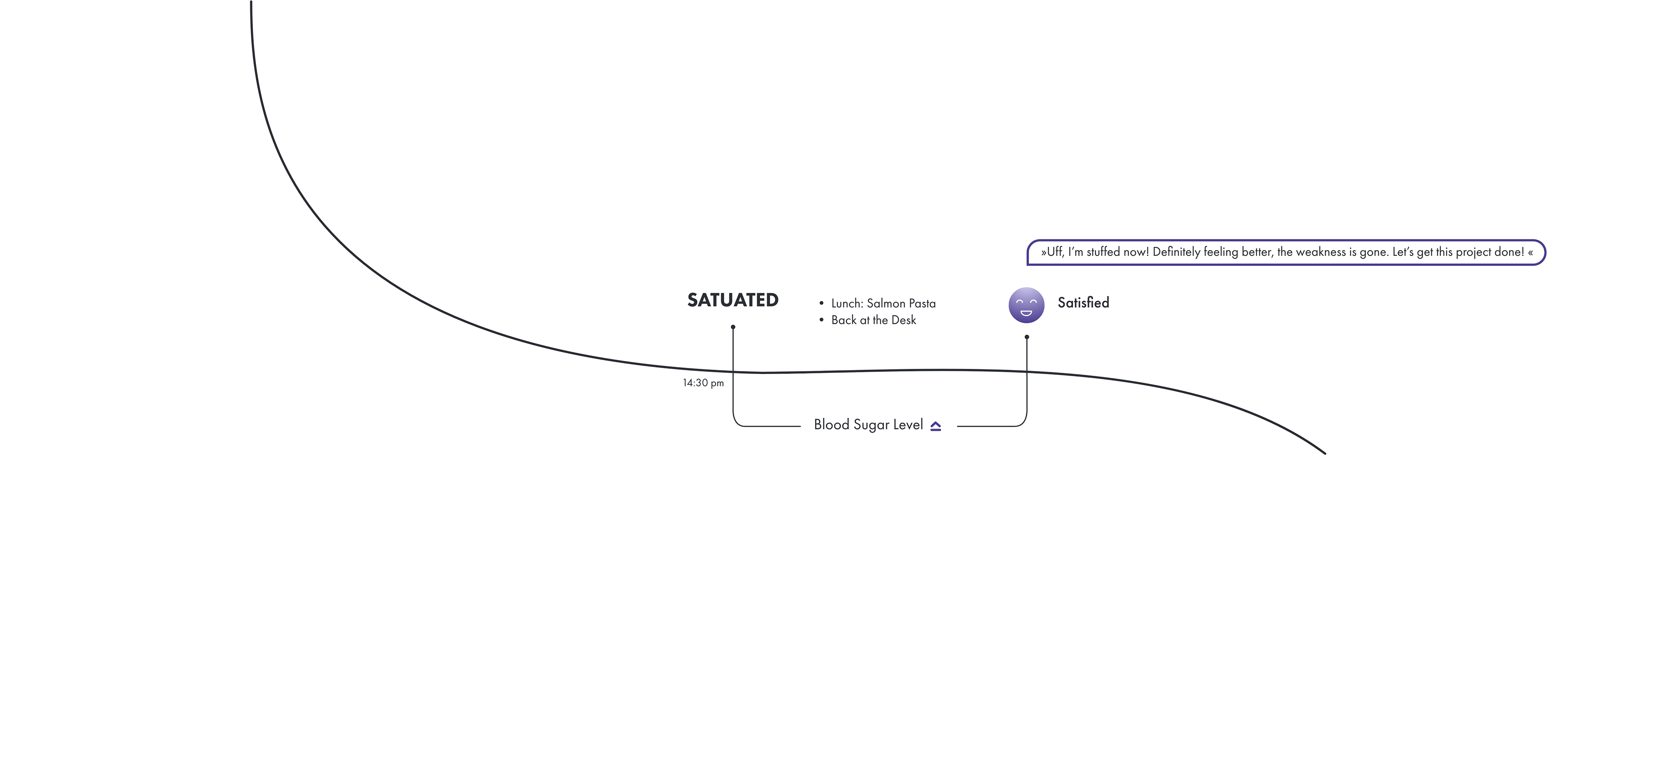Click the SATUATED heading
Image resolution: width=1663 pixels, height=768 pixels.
tap(733, 300)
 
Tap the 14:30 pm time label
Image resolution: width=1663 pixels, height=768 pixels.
tap(703, 383)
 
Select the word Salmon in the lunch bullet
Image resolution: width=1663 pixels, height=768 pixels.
tap(886, 303)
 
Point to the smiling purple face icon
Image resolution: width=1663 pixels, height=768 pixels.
tap(1026, 305)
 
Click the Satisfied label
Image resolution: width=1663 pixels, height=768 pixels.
tap(1083, 303)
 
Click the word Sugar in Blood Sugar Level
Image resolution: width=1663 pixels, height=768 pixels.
tap(871, 425)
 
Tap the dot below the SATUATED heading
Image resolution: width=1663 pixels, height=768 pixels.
tap(733, 327)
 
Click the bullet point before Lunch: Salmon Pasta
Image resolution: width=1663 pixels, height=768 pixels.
tap(821, 303)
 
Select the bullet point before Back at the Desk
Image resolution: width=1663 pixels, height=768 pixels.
tap(821, 320)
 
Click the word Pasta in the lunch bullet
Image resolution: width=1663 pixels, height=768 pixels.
tap(922, 303)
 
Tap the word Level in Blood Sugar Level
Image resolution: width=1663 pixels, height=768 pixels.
tap(908, 425)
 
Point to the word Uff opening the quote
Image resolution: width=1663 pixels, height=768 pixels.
tap(1054, 252)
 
